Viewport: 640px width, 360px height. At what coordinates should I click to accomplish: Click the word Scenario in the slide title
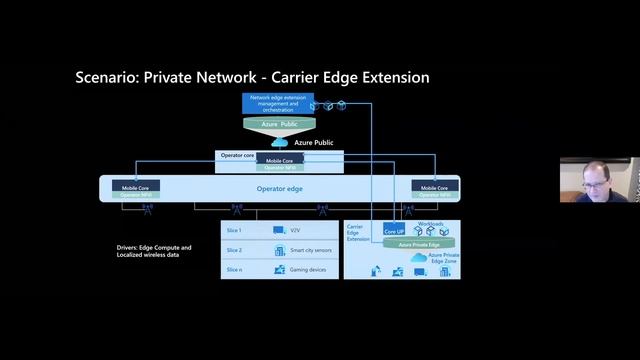click(108, 78)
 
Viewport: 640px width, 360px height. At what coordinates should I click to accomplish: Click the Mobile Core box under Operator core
click(280, 160)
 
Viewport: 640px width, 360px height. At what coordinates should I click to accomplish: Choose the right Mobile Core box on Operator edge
click(434, 187)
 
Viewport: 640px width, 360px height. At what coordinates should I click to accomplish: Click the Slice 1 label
click(234, 231)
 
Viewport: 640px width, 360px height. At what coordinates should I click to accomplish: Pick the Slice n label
click(234, 269)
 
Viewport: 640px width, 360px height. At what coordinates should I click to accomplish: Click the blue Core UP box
click(394, 231)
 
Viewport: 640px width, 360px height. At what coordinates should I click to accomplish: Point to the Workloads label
click(430, 224)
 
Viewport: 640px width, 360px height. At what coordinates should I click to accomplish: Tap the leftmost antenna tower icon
click(147, 209)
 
